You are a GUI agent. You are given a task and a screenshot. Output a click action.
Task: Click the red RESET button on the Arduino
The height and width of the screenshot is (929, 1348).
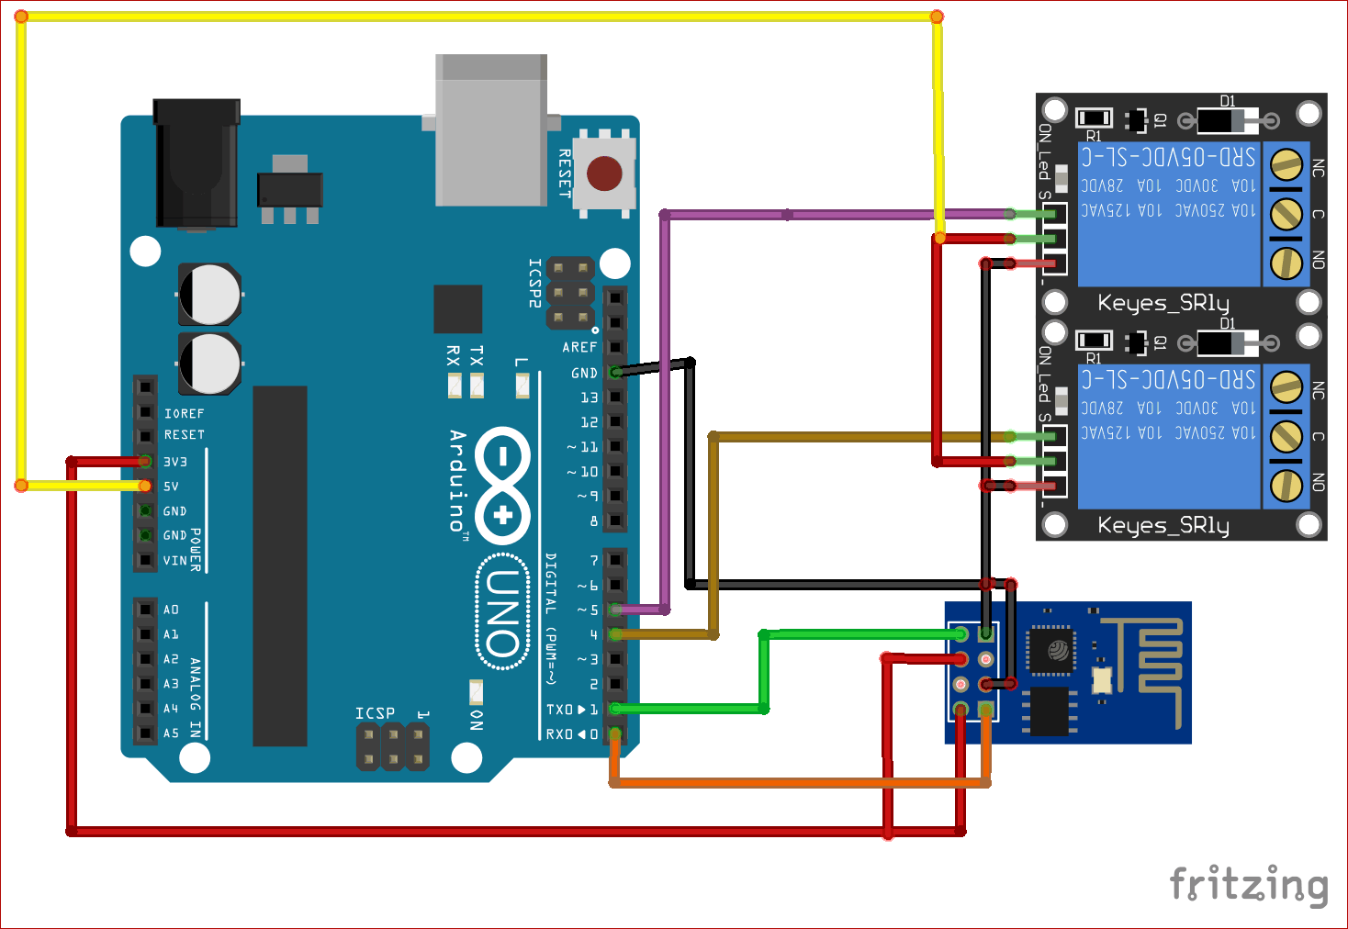tap(604, 173)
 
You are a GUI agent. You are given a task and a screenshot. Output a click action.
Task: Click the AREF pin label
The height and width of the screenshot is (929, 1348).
tap(579, 347)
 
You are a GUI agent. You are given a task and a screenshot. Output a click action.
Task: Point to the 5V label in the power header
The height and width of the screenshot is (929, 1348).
tap(172, 487)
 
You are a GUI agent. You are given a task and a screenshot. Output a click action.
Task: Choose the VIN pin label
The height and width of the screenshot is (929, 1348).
tap(175, 560)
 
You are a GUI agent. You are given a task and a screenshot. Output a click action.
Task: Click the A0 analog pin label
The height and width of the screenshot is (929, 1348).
tap(172, 610)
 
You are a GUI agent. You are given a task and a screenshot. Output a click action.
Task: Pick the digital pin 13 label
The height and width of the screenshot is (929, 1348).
tap(589, 397)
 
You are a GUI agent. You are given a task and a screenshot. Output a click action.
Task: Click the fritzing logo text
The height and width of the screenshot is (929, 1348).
tap(1249, 885)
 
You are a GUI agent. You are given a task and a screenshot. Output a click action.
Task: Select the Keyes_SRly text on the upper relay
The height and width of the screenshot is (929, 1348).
tap(1163, 303)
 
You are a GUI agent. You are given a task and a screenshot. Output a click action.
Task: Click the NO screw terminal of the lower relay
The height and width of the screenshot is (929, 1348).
tap(1286, 486)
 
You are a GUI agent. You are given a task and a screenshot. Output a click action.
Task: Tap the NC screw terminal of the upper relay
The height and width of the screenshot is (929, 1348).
tap(1286, 165)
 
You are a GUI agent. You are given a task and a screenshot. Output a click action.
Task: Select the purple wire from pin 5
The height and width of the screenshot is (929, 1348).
tap(665, 413)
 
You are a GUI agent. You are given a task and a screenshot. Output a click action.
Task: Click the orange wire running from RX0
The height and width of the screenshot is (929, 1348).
tap(799, 783)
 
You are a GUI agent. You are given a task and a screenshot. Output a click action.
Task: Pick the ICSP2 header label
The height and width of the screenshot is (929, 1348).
tap(534, 283)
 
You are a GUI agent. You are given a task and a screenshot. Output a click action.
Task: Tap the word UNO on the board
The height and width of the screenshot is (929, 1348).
tap(503, 613)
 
